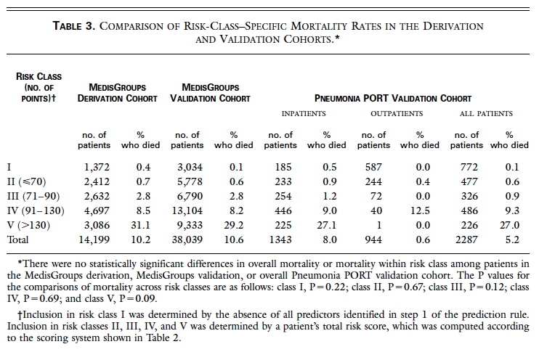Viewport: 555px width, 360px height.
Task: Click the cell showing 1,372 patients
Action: coord(97,167)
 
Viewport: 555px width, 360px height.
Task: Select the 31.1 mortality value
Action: coord(140,225)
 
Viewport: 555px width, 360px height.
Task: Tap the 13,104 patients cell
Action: coord(187,210)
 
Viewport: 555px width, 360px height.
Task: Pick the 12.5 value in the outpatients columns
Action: coord(420,210)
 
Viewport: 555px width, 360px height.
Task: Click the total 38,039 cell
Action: coord(187,240)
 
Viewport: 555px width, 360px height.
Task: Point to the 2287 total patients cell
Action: coord(466,240)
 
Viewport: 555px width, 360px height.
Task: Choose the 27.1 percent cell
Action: coord(327,225)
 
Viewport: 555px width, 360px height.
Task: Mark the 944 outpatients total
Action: coord(373,240)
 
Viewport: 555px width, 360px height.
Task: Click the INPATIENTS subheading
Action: coord(304,113)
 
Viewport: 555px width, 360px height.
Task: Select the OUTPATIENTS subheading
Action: coord(397,113)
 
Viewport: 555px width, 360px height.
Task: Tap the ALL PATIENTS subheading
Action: coord(486,113)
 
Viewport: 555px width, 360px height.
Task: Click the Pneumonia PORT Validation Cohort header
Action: coord(393,98)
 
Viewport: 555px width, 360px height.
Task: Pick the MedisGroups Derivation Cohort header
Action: coord(117,93)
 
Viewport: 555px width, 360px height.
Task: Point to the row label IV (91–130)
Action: coord(36,210)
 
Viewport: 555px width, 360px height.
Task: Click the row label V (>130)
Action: coord(28,225)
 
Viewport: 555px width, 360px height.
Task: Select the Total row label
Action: coord(17,240)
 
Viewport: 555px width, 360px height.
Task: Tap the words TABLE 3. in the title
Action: coord(74,26)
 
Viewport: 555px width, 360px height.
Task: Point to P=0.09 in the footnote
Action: coord(138,298)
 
